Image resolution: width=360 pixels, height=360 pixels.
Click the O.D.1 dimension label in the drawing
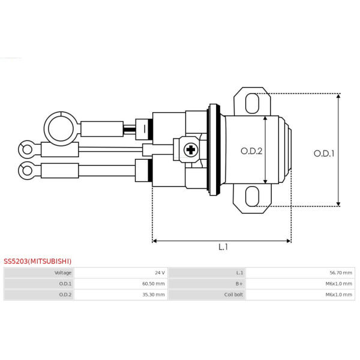point(324,154)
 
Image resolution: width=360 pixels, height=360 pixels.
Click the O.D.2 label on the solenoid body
point(251,151)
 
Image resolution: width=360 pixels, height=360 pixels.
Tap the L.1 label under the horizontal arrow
point(223,247)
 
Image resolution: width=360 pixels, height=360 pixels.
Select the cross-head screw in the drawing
point(191,150)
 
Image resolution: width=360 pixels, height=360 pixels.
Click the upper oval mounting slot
point(253,103)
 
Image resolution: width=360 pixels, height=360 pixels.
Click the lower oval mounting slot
point(253,196)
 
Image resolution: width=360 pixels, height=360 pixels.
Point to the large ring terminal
point(61,129)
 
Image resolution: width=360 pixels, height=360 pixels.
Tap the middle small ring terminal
point(28,149)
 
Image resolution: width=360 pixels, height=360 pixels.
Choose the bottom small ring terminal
point(28,170)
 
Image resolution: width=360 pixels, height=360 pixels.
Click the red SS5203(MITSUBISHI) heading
point(37,261)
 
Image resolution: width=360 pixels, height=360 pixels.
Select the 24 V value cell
point(160,273)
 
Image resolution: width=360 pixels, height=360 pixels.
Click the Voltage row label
point(63,273)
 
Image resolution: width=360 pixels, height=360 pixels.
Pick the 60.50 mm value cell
point(154,284)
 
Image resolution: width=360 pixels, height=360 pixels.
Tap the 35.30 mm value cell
point(154,295)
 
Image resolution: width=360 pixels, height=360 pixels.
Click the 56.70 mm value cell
point(341,273)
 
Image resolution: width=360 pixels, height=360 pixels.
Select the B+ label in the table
point(239,284)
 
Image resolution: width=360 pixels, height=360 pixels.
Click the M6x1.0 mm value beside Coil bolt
point(338,295)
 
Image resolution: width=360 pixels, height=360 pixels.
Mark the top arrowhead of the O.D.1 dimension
point(338,96)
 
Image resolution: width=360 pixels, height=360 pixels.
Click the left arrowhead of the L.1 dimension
point(154,241)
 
